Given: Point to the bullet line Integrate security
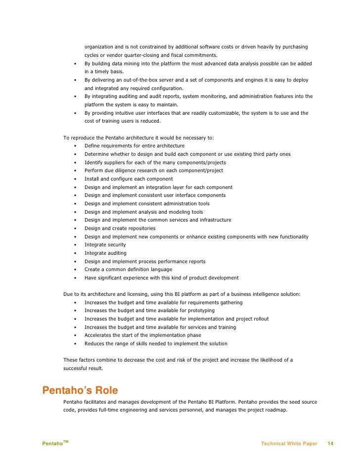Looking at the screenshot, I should pyautogui.click(x=105, y=245).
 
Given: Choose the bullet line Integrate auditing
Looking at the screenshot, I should pyautogui.click(x=105, y=253).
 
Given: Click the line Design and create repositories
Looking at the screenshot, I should pyautogui.click(x=120, y=229).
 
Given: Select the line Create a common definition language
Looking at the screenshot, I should pyautogui.click(x=128, y=270).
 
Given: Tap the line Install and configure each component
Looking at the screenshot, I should pyautogui.click(x=129, y=179).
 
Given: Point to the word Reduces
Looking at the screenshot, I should pyautogui.click(x=95, y=344).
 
